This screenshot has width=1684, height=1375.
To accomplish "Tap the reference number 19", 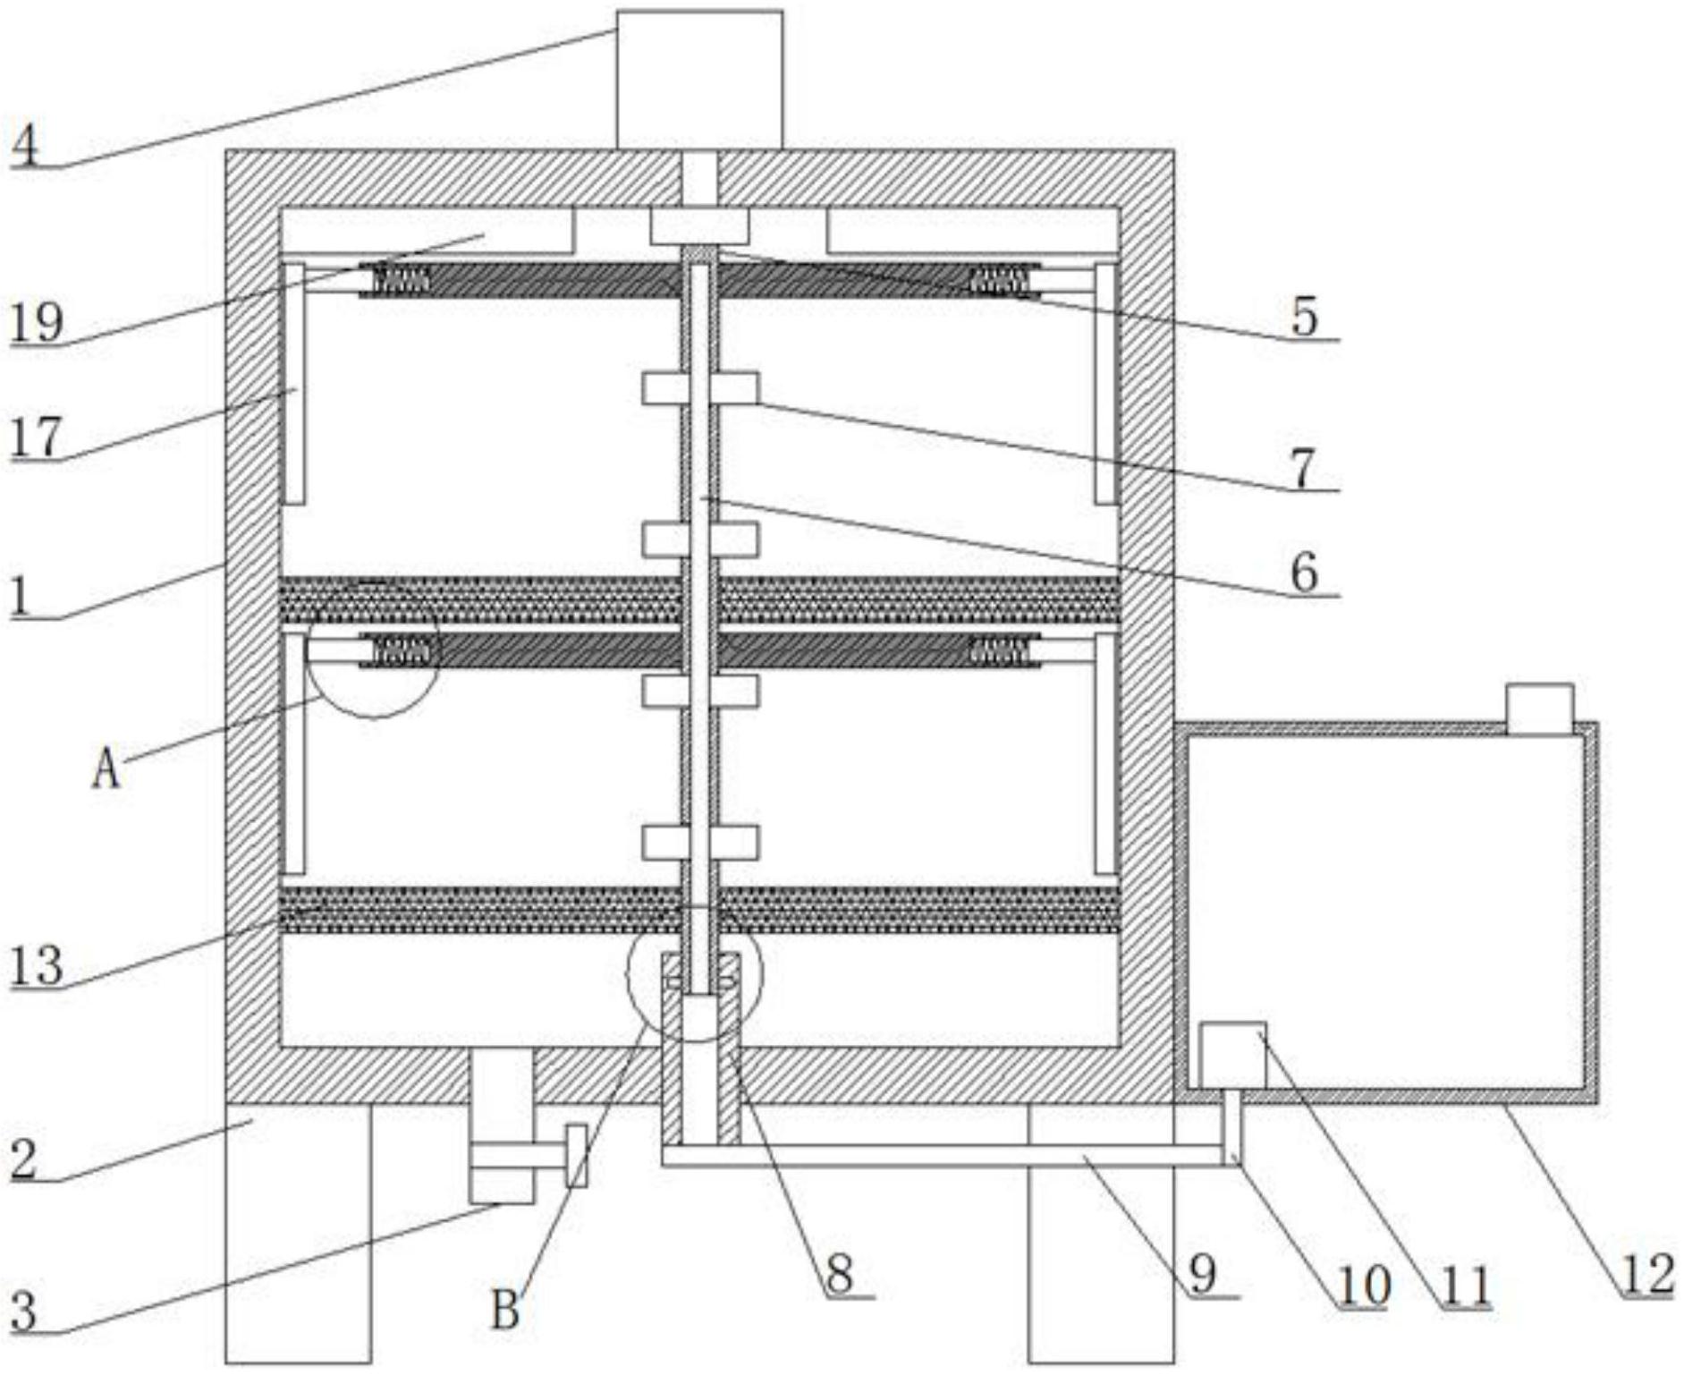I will [x=36, y=322].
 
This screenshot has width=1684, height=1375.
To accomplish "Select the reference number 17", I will [x=36, y=438].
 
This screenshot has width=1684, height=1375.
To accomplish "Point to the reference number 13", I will [x=36, y=966].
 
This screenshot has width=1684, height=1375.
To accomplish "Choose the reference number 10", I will [x=1363, y=1286].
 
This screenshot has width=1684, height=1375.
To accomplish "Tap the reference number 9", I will [x=1203, y=1274].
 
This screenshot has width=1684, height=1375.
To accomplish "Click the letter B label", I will [x=505, y=1311].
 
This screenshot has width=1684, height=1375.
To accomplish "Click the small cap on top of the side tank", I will [x=1539, y=709].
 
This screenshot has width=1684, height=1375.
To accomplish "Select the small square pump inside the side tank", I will [x=1231, y=1055].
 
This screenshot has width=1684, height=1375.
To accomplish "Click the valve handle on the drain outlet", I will [x=577, y=1156].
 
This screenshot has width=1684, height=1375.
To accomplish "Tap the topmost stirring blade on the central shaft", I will [x=700, y=388].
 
